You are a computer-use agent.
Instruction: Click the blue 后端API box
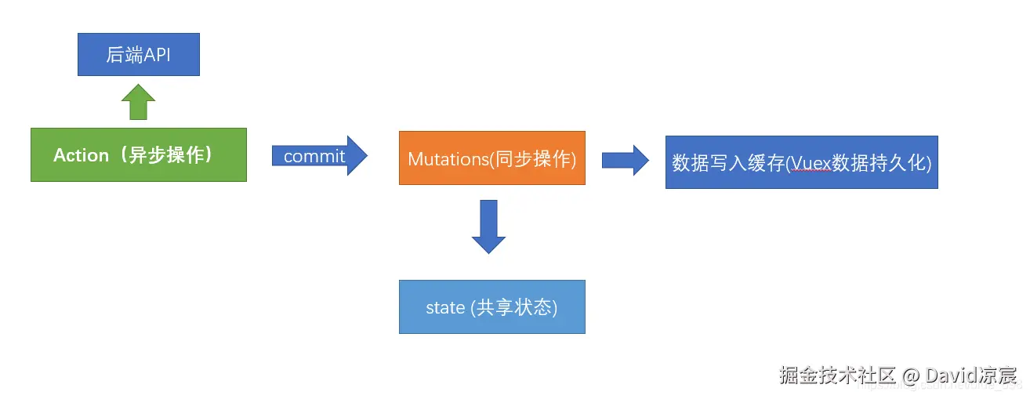[138, 56]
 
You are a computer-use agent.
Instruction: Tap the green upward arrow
[138, 102]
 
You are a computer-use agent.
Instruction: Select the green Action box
[138, 154]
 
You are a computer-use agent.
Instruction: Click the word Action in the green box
[81, 155]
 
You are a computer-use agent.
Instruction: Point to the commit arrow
[319, 155]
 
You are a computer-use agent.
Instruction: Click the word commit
[314, 156]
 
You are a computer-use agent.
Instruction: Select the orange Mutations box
[491, 158]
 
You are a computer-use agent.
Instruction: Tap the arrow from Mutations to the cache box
[625, 160]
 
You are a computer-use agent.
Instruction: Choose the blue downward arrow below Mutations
[488, 226]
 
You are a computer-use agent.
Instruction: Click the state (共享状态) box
[491, 307]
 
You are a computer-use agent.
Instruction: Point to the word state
[445, 307]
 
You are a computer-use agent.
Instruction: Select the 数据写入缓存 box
[801, 162]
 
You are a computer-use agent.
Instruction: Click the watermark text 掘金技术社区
[837, 375]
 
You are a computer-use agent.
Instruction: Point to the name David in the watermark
[949, 375]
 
